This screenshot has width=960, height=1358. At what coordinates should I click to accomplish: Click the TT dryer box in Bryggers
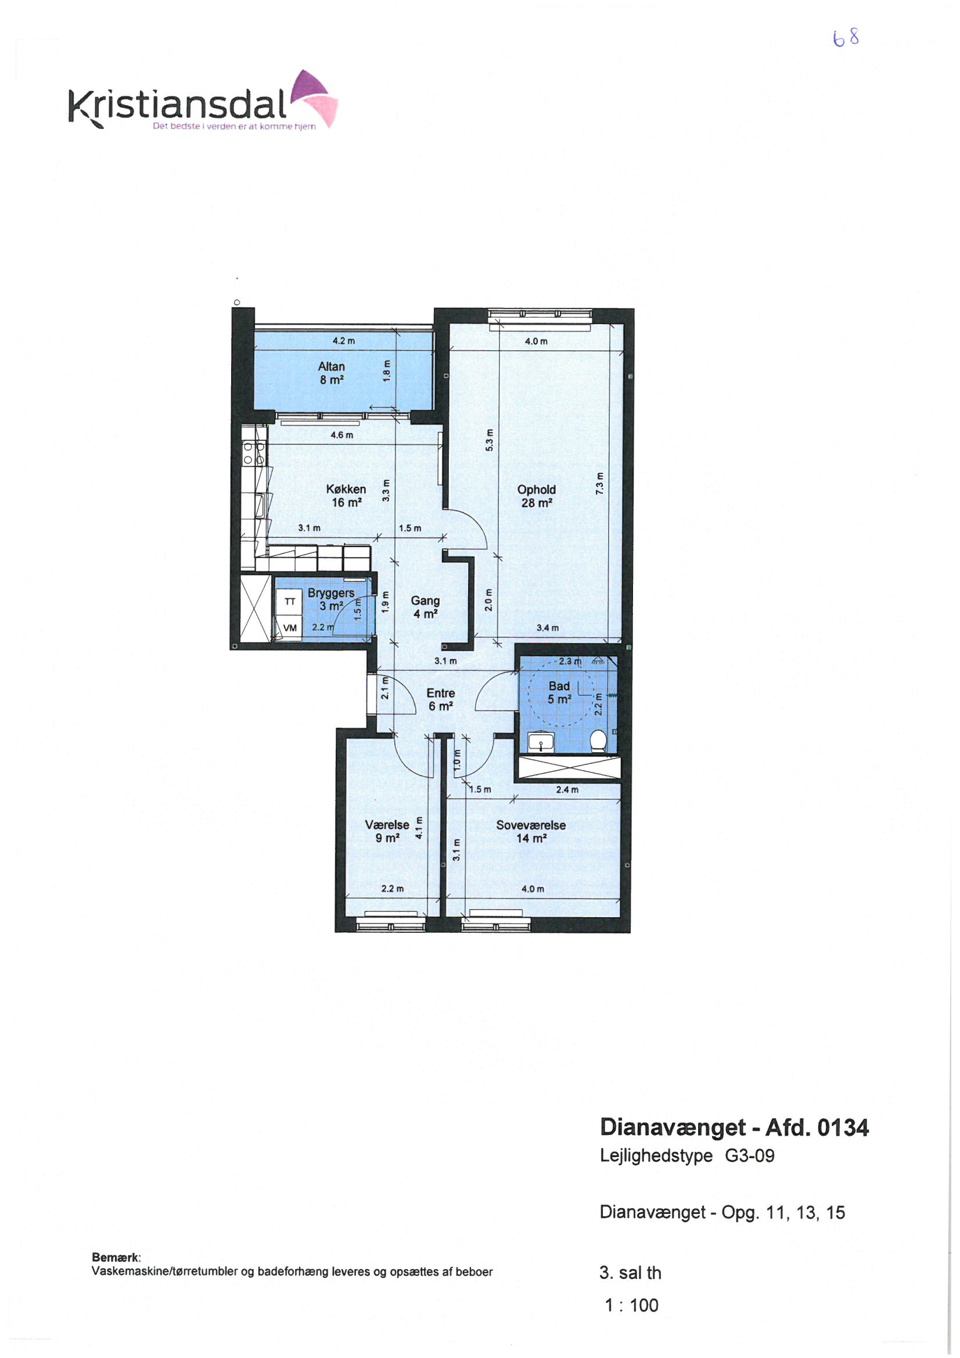290,602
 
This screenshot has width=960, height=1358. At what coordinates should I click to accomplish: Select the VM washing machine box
290,628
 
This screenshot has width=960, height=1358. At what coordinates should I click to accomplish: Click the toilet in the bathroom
599,741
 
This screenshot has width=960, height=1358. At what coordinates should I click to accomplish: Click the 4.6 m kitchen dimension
342,435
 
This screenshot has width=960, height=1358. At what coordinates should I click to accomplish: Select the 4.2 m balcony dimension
344,342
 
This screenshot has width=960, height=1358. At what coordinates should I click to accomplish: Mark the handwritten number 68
846,38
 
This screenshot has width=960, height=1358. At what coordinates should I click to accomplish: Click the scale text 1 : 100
631,1305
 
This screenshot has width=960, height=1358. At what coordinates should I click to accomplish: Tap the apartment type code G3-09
749,1156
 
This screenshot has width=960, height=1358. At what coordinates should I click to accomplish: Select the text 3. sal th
630,1273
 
